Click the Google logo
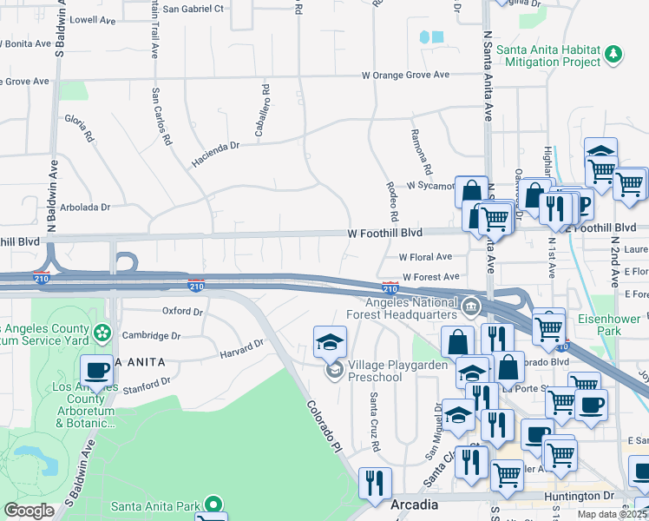29,511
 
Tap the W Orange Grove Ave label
406,76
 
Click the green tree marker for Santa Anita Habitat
613,54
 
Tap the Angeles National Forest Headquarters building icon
469,305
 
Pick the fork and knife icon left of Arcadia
375,482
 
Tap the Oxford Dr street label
182,311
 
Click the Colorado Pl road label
321,425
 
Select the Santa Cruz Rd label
374,421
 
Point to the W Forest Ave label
430,277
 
